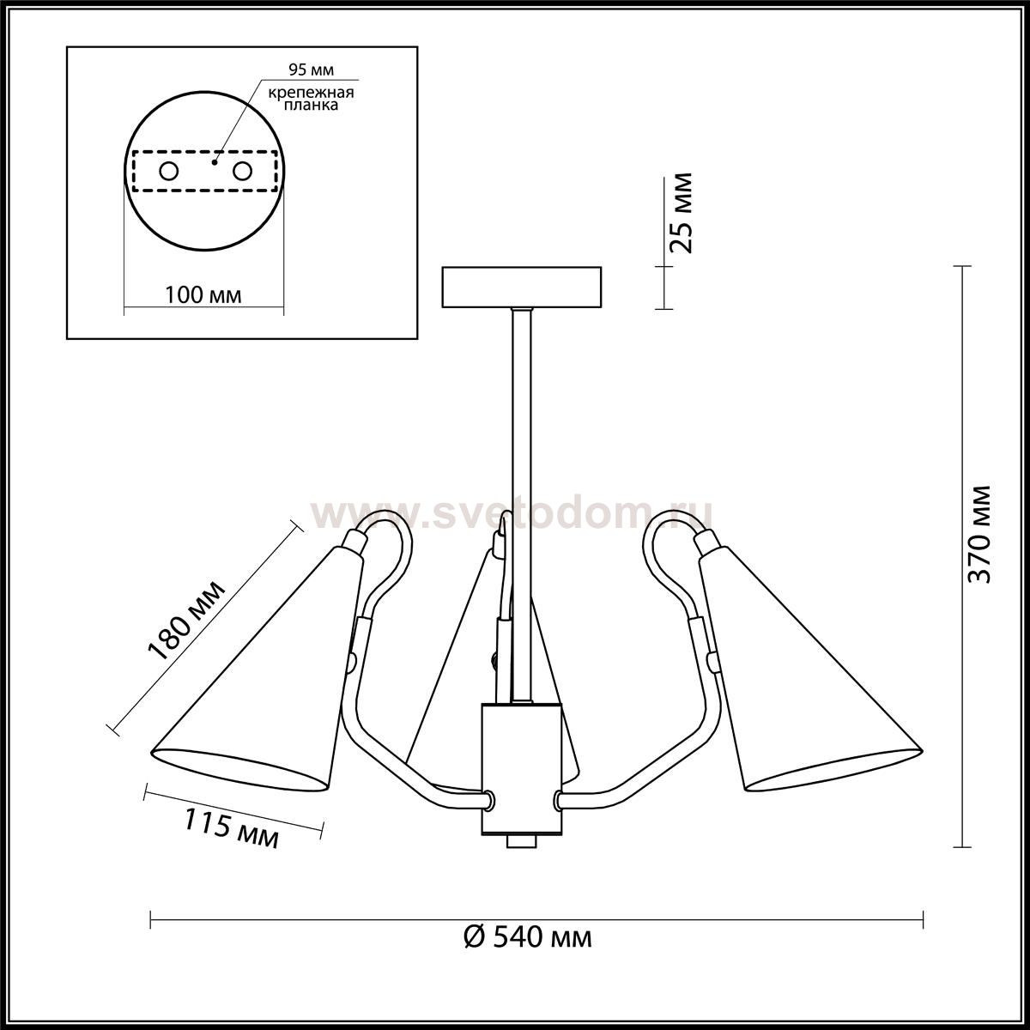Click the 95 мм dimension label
tap(311, 70)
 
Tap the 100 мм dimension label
tap(203, 295)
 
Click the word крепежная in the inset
tap(311, 93)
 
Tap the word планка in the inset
tap(311, 106)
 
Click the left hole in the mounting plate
tap(169, 172)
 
